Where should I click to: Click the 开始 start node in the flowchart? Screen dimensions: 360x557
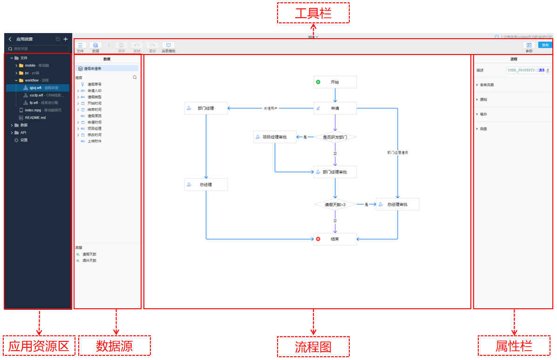click(335, 82)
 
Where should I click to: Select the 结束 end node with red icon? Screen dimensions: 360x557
click(335, 239)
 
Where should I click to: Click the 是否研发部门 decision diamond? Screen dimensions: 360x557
click(335, 137)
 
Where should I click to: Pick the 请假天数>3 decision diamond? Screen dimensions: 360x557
click(335, 204)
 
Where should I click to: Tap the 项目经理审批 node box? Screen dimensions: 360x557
click(275, 137)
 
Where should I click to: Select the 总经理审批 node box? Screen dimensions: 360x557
click(397, 204)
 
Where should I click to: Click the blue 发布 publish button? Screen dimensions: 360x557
click(545, 45)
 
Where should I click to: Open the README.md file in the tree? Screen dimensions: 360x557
click(35, 118)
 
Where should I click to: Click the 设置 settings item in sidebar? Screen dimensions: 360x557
click(24, 140)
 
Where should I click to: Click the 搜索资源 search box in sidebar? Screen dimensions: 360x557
click(40, 48)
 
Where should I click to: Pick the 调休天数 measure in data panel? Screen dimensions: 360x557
click(89, 261)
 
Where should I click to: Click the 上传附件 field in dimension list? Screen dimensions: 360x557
click(94, 141)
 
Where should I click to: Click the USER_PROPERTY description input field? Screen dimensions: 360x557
click(528, 70)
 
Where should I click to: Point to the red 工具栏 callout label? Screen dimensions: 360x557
click(313, 13)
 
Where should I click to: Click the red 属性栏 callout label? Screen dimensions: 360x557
click(514, 346)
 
